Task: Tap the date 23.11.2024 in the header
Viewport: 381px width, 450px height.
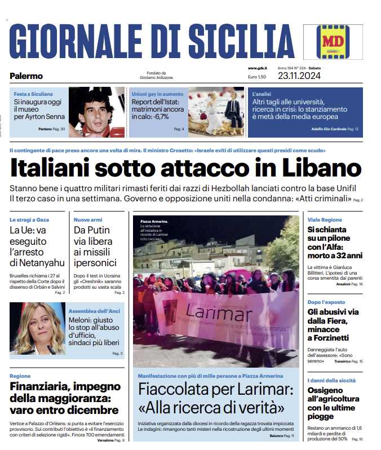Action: (x=299, y=76)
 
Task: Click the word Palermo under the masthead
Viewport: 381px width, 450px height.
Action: (x=26, y=76)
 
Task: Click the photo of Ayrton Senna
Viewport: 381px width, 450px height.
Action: (x=96, y=112)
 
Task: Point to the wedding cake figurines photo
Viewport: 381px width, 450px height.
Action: (x=216, y=112)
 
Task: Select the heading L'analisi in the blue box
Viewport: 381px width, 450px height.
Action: (x=262, y=94)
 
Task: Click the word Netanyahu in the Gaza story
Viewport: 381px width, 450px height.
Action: (x=37, y=262)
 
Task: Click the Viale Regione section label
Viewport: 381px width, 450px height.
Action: (x=325, y=219)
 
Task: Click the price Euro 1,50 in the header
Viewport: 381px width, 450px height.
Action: (x=257, y=77)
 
